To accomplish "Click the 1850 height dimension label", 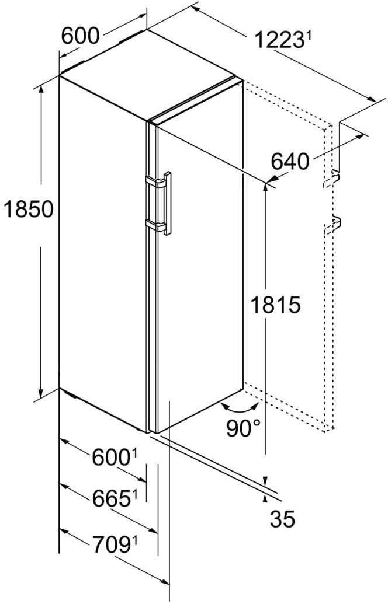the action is click(x=28, y=210).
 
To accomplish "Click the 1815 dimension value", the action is click(x=275, y=305).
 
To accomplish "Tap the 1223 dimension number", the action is click(x=279, y=40).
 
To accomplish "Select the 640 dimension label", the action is click(x=290, y=162).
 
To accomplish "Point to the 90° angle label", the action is click(x=244, y=428).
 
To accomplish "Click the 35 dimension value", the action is click(x=283, y=519).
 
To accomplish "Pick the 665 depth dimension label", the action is click(x=110, y=499).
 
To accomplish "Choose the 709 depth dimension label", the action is click(x=110, y=546).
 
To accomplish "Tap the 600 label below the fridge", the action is click(x=110, y=458).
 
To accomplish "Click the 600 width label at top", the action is click(x=81, y=36).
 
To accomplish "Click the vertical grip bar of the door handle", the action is click(x=167, y=204).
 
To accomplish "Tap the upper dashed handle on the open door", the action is click(x=332, y=179).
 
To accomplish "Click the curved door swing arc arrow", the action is click(x=240, y=407).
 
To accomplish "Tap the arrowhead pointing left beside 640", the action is click(x=272, y=179).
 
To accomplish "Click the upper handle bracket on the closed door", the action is click(x=155, y=181).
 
